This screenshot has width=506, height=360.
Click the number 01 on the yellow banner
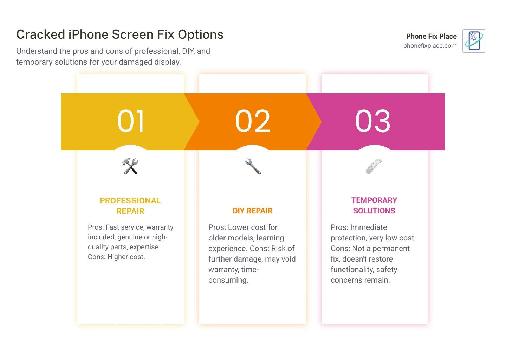pyautogui.click(x=130, y=121)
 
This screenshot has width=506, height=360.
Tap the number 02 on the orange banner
pyautogui.click(x=253, y=121)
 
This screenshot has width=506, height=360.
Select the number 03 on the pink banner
pyautogui.click(x=373, y=121)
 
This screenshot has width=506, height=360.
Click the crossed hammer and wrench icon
pyautogui.click(x=130, y=166)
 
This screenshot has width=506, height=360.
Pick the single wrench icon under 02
pyautogui.click(x=253, y=166)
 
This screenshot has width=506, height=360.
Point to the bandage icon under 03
pyautogui.click(x=374, y=166)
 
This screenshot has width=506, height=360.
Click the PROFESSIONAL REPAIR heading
pyautogui.click(x=130, y=206)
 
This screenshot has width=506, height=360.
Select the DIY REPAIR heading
pyautogui.click(x=253, y=211)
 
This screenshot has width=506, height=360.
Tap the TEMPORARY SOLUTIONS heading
pyautogui.click(x=374, y=205)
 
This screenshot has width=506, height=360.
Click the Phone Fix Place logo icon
pyautogui.click(x=474, y=41)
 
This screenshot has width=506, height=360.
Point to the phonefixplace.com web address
pyautogui.click(x=430, y=46)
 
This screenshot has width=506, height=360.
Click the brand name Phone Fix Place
pyautogui.click(x=431, y=36)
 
